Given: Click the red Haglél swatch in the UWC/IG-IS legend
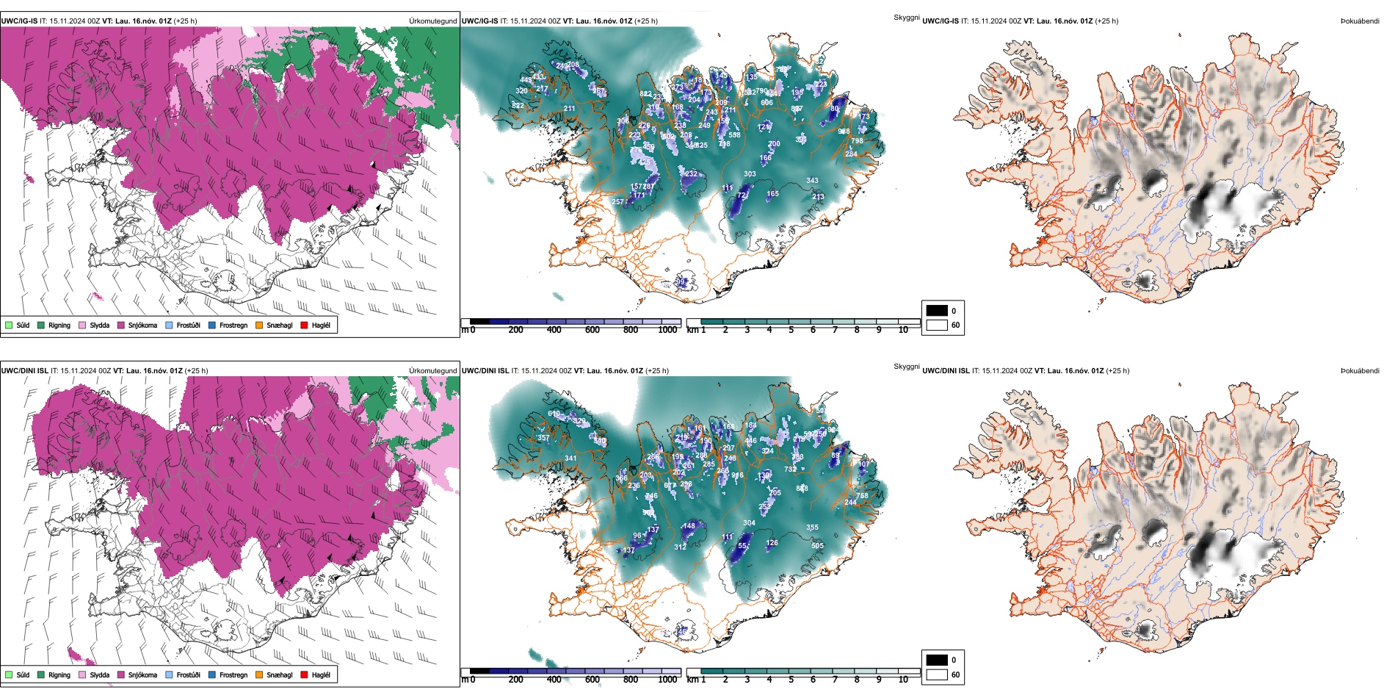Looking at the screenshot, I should click(x=305, y=325).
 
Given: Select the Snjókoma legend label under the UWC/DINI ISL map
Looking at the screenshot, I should click(x=142, y=674).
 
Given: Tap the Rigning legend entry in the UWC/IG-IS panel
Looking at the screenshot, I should click(x=59, y=325).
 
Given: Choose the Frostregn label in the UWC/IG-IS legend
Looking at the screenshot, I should click(x=233, y=325).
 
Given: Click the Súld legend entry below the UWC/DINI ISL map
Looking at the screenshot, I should click(x=23, y=674).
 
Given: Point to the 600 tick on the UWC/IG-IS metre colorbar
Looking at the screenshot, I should click(x=593, y=330).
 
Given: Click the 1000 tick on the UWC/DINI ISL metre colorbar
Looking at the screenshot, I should click(x=667, y=680).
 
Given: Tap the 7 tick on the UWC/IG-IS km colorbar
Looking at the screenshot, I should click(x=835, y=330).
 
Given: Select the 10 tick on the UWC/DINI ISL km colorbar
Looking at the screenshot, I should click(x=903, y=680).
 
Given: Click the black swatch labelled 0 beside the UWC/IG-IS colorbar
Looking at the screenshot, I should click(x=937, y=311).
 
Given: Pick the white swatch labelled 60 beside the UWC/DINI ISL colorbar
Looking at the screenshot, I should click(x=937, y=674).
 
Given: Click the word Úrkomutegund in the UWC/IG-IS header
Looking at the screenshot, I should click(x=433, y=21).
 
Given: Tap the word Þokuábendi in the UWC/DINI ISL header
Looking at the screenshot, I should click(x=1360, y=371).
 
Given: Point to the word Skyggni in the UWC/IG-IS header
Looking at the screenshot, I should click(x=907, y=17).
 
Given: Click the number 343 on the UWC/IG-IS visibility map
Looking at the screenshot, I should click(x=812, y=180).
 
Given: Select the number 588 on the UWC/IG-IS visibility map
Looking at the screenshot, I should click(x=734, y=135).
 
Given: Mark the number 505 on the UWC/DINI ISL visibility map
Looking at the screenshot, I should click(x=817, y=546).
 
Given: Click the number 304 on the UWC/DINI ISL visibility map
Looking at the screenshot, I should click(x=749, y=523).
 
